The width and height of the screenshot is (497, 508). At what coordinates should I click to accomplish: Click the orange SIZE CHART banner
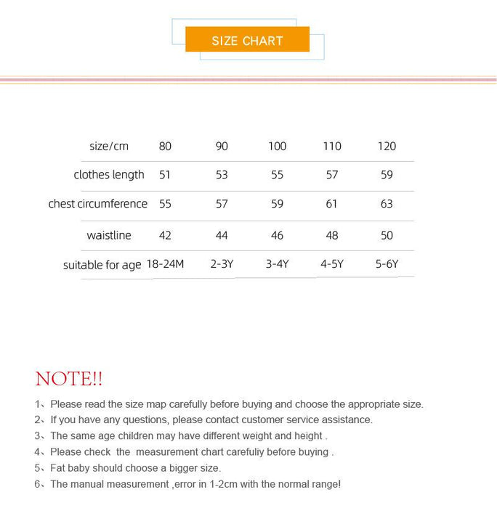point(247,40)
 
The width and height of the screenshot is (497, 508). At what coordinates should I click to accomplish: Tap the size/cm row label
point(109,147)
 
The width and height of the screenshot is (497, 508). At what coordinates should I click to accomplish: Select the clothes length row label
point(109,175)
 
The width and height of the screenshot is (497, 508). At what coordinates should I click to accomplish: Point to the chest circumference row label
point(98,204)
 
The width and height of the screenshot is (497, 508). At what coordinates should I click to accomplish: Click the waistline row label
point(109,235)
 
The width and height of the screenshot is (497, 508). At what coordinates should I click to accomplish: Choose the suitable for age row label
point(102,265)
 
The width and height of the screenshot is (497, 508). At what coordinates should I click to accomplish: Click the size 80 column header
point(165,147)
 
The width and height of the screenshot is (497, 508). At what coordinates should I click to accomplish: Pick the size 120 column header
point(387,147)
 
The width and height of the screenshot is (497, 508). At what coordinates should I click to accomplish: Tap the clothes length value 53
point(222,175)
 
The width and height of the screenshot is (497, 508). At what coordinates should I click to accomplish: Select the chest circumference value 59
point(277,204)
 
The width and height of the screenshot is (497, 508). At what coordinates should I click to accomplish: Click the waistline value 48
point(331,235)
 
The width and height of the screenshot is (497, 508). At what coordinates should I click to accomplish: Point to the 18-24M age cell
point(165,264)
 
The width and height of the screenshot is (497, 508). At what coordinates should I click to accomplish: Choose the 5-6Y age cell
point(387,264)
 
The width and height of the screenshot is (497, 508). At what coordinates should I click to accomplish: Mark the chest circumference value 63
point(387,204)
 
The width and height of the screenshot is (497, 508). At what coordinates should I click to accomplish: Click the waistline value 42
point(165,235)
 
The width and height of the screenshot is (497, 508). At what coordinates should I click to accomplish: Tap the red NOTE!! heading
point(69,379)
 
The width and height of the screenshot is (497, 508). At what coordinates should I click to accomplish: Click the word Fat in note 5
point(60,468)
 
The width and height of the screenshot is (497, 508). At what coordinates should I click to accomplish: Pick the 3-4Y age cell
point(277,264)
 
